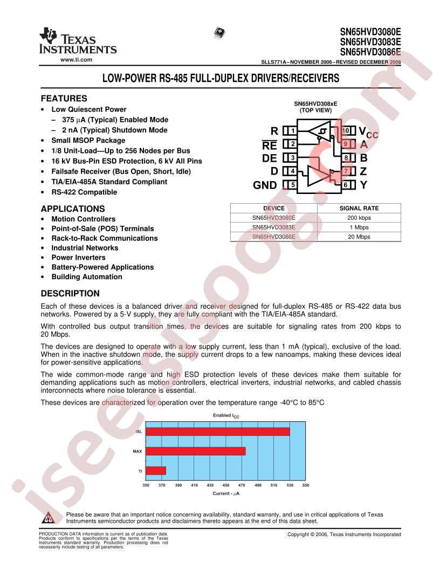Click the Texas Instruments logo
click(x=78, y=41)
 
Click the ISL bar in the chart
click(x=217, y=432)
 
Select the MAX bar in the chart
click(x=195, y=451)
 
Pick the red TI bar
click(x=155, y=471)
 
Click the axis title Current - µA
click(x=225, y=494)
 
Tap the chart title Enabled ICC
click(x=225, y=415)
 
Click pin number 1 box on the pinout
click(x=291, y=131)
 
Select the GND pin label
click(x=265, y=185)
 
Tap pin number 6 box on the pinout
click(x=345, y=185)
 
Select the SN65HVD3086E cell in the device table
click(x=274, y=237)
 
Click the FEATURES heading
click(x=64, y=99)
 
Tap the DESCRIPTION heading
click(x=70, y=294)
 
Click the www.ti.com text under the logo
click(x=76, y=59)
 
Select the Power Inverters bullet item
click(x=78, y=258)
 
